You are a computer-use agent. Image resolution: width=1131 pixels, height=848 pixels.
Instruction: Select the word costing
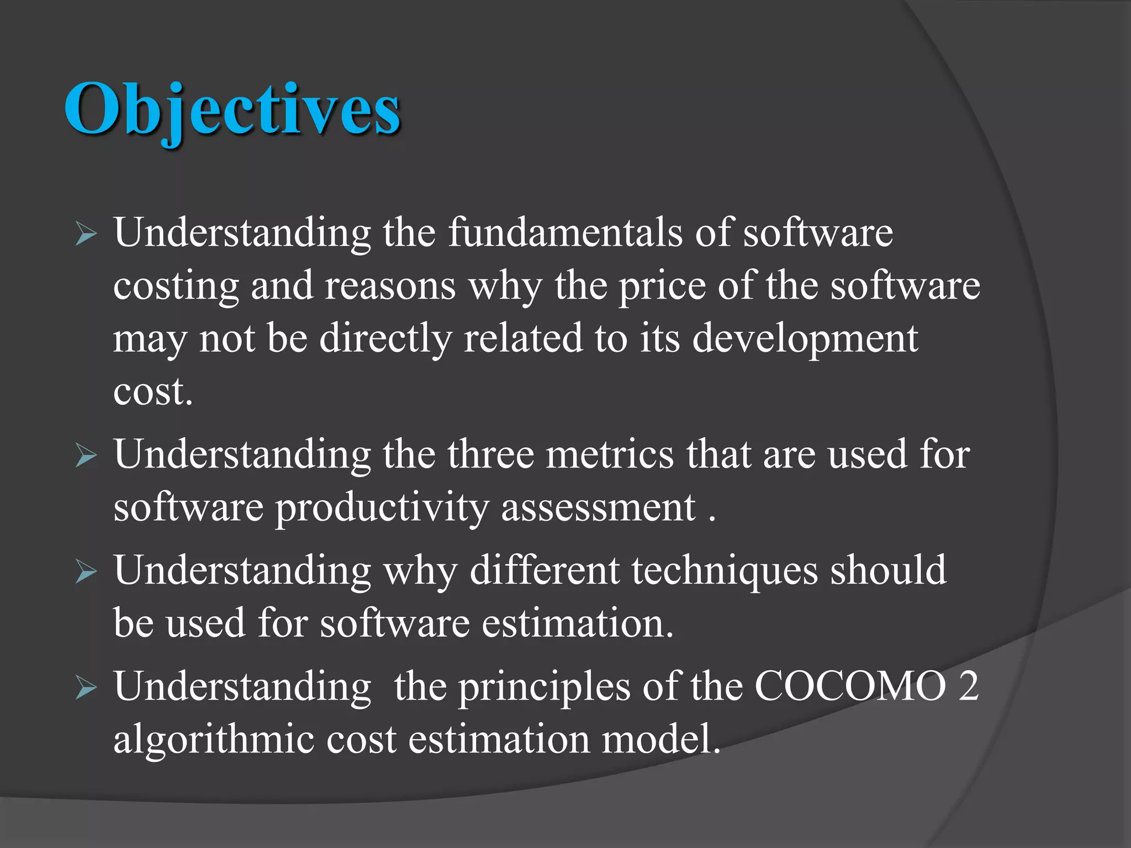click(176, 286)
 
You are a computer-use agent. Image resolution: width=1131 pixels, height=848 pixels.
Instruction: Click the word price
click(662, 286)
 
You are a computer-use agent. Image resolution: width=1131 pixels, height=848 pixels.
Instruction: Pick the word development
click(805, 339)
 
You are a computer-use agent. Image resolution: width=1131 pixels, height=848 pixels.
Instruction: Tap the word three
click(490, 454)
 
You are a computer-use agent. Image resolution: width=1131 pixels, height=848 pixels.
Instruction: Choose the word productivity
click(382, 508)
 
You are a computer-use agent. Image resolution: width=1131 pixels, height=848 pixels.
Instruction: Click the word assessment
click(598, 507)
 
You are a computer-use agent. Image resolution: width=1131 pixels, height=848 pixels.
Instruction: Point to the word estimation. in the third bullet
click(577, 623)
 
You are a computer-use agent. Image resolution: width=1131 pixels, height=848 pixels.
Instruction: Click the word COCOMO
click(850, 686)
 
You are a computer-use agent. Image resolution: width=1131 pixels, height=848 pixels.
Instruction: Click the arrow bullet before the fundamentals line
click(86, 235)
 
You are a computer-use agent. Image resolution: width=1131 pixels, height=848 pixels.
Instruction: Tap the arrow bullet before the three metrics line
click(86, 457)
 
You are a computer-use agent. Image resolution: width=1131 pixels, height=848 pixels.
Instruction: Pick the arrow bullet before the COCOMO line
click(86, 688)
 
